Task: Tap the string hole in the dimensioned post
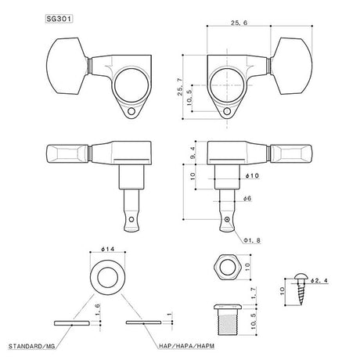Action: click(226, 221)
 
